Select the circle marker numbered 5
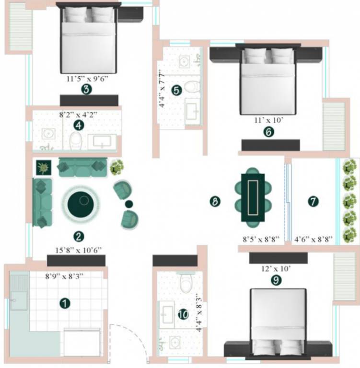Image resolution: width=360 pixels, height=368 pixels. point(176,90)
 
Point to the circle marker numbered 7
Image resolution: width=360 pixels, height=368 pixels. point(313,202)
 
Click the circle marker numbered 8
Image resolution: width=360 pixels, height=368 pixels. point(215,202)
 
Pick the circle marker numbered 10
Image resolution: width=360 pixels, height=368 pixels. point(183,314)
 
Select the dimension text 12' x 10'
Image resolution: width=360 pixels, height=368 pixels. point(275,269)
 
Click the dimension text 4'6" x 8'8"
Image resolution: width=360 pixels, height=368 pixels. point(314,238)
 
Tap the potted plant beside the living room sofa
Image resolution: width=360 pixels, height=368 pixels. point(116,167)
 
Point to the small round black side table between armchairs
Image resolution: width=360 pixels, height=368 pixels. point(128,205)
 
